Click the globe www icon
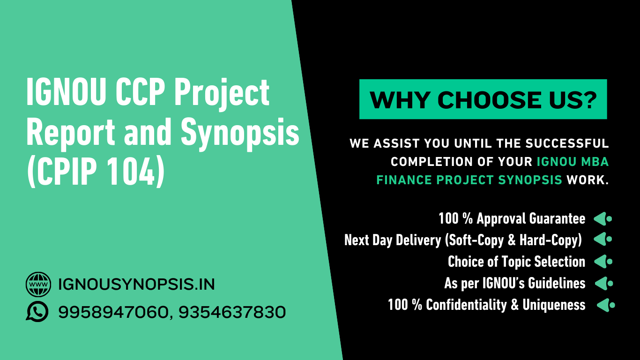[x=38, y=284]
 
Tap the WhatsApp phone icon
[x=37, y=311]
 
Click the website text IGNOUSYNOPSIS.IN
[x=136, y=285]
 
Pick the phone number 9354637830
[x=232, y=312]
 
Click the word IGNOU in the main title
[x=66, y=92]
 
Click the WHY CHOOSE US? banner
[x=483, y=99]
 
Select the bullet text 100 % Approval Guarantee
[x=512, y=219]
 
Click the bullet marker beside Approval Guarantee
[x=603, y=219]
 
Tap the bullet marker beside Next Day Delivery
[x=603, y=239]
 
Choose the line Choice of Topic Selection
[x=517, y=262]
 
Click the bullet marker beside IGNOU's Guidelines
[x=604, y=284]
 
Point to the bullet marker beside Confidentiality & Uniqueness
[x=606, y=305]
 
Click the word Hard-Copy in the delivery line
[x=551, y=240]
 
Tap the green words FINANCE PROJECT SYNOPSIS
[x=469, y=180]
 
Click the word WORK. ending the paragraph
[x=588, y=180]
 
